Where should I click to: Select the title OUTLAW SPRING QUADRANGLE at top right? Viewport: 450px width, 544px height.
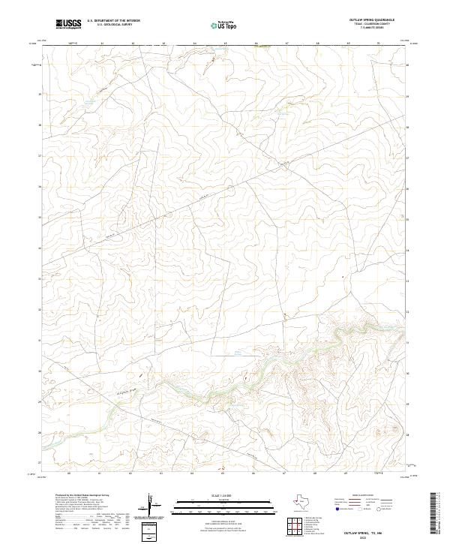tap(372, 20)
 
